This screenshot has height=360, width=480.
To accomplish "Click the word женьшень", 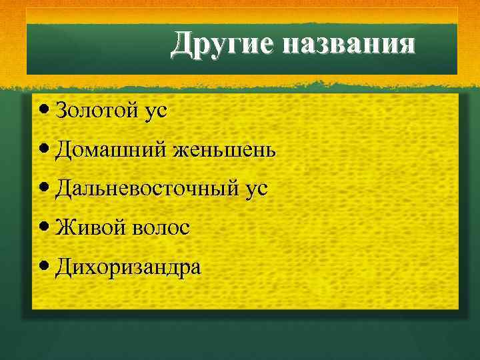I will [223, 151].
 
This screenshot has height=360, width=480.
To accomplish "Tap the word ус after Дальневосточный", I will [256, 190].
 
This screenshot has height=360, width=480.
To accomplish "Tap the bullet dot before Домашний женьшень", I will [43, 149].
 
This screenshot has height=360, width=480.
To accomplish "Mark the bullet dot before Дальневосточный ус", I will [43, 188].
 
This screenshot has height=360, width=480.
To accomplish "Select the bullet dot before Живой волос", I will [43, 227].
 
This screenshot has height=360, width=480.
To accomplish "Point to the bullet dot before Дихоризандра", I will [43, 267].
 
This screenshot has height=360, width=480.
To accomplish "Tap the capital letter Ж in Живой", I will [64, 227].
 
